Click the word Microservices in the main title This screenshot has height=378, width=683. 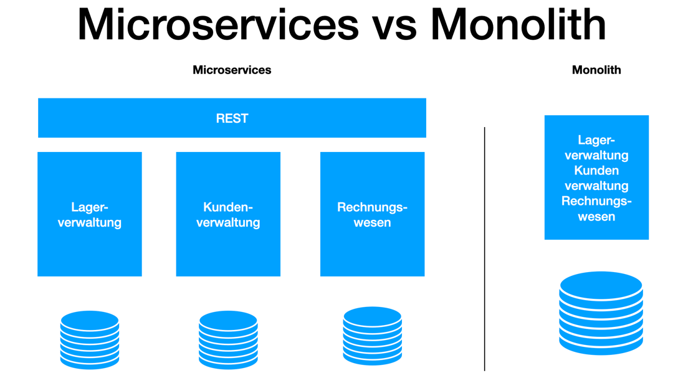click(218, 25)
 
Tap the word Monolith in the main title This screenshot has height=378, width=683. click(518, 25)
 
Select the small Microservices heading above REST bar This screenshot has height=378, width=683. click(232, 70)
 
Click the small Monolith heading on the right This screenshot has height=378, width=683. click(596, 70)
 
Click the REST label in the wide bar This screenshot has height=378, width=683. click(232, 118)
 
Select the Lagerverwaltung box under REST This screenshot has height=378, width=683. click(90, 214)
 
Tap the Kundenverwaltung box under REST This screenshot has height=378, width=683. click(228, 214)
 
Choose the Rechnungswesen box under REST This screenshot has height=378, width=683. click(372, 214)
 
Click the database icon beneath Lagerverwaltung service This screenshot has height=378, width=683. click(90, 340)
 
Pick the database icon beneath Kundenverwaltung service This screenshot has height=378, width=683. click(228, 340)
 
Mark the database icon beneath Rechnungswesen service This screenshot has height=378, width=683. click(372, 336)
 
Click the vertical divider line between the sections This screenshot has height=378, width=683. click(484, 249)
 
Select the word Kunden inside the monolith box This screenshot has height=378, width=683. click(596, 171)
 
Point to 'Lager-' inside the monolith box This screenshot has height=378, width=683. click(596, 140)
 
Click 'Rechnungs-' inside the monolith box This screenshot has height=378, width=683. click(596, 201)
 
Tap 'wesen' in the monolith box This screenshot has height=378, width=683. click(596, 217)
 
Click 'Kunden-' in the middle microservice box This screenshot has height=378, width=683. click(228, 207)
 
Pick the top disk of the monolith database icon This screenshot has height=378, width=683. click(601, 285)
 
